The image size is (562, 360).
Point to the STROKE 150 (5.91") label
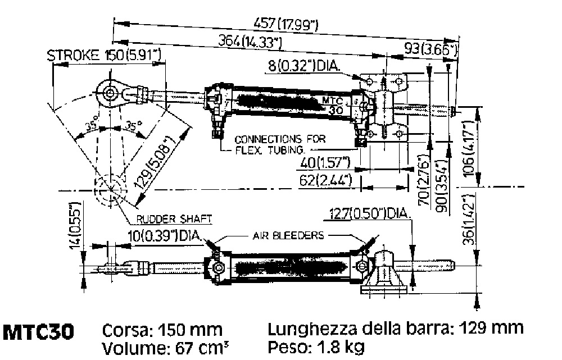pyautogui.click(x=104, y=55)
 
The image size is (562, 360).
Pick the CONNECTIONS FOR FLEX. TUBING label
pyautogui.click(x=271, y=144)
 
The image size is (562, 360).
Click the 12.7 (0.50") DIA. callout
pyautogui.click(x=370, y=214)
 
